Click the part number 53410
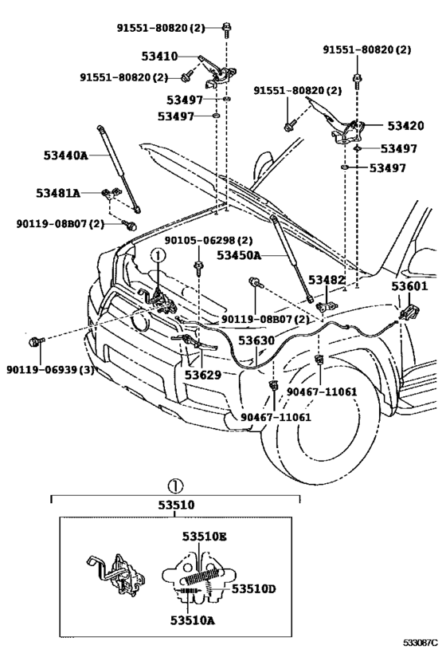(159, 57)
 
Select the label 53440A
(66, 155)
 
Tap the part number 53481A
(58, 193)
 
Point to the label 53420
(405, 126)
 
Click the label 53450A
(239, 255)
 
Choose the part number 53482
(327, 281)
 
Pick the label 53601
(409, 286)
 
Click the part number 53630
(256, 340)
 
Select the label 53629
(203, 375)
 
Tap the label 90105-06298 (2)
(209, 241)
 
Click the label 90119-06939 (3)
(50, 369)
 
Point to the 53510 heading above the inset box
(176, 505)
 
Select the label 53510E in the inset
(204, 537)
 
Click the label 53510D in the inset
(254, 589)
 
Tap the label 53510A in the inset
(193, 620)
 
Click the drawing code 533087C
(421, 643)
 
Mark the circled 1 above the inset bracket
(175, 486)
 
